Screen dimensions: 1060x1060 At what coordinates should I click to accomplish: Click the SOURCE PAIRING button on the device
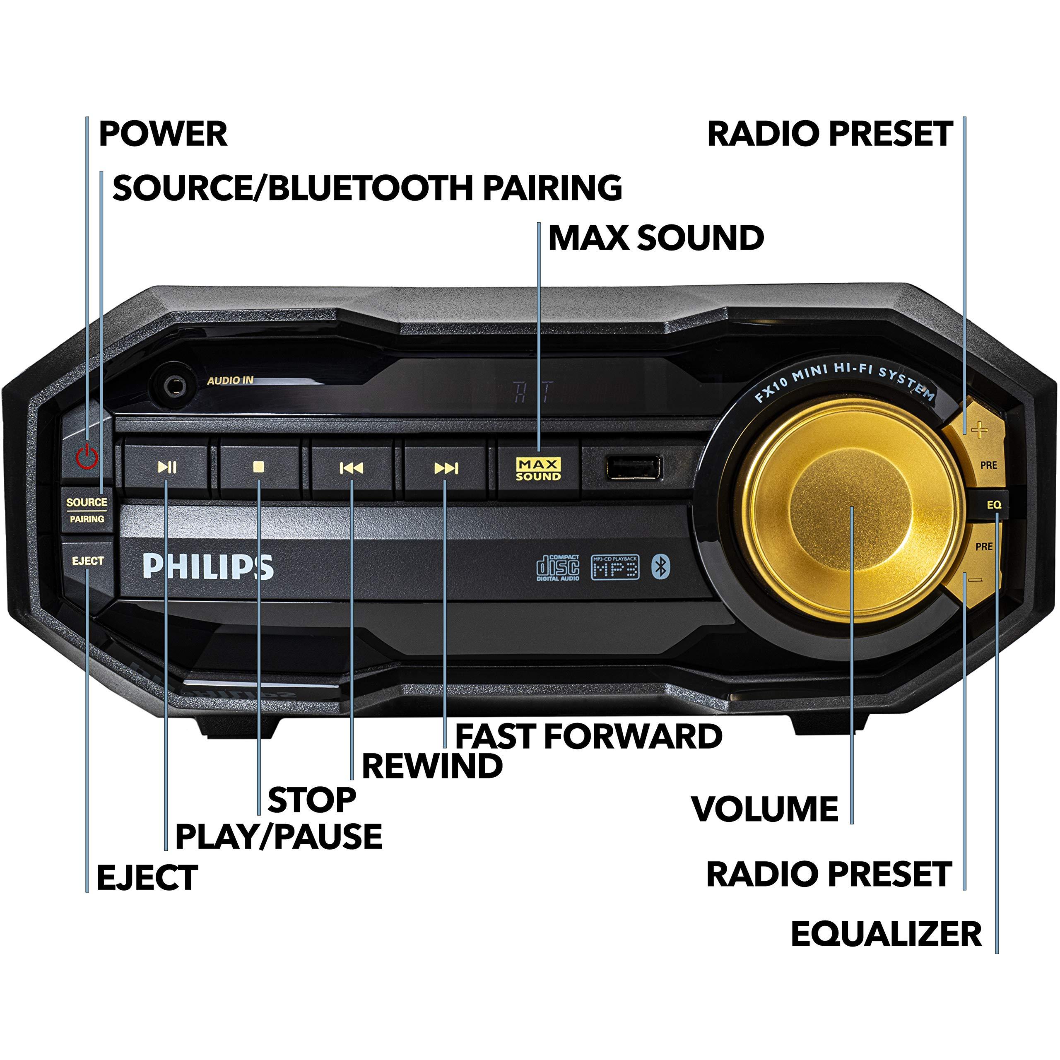(x=87, y=510)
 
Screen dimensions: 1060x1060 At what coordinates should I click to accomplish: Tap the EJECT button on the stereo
(x=88, y=561)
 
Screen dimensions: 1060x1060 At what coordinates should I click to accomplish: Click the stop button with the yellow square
(x=259, y=467)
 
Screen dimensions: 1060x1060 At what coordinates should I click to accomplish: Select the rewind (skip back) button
(x=352, y=468)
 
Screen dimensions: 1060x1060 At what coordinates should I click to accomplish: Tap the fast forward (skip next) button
(x=446, y=468)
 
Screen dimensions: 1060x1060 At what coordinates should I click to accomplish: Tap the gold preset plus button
(x=979, y=431)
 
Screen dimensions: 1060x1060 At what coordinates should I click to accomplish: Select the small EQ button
(x=994, y=505)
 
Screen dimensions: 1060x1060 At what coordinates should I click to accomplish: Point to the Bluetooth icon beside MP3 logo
(x=660, y=567)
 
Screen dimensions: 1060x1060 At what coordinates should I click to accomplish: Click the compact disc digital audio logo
(x=557, y=567)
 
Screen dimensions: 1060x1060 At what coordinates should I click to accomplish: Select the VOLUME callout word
(x=765, y=808)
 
